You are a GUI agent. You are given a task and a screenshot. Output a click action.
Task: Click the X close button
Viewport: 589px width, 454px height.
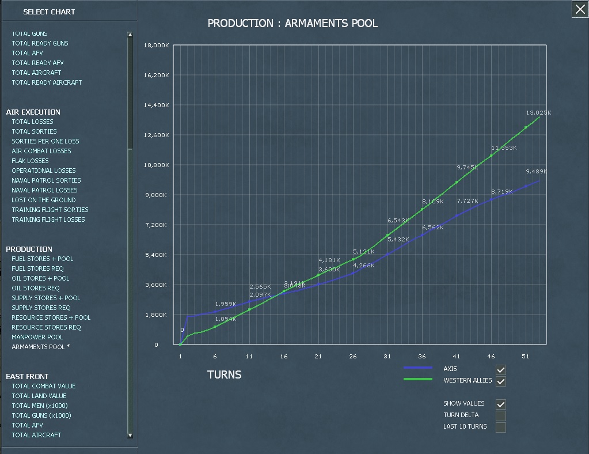pyautogui.click(x=580, y=9)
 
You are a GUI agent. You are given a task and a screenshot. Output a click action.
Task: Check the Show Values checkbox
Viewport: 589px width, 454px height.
pyautogui.click(x=501, y=404)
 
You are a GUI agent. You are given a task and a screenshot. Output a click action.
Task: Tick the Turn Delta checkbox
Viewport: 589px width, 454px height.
pyautogui.click(x=501, y=416)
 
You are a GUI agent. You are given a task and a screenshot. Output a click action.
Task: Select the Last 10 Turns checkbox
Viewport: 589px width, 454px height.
pyautogui.click(x=501, y=427)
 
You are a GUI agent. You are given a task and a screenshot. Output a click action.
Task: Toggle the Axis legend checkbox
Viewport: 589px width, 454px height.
pyautogui.click(x=501, y=369)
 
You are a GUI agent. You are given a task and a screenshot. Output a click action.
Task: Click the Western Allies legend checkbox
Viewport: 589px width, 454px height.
pyautogui.click(x=501, y=381)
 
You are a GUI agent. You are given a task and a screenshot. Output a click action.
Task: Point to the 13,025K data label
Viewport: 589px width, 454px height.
pyautogui.click(x=538, y=113)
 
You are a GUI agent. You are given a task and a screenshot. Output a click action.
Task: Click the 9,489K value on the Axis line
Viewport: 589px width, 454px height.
pyautogui.click(x=536, y=172)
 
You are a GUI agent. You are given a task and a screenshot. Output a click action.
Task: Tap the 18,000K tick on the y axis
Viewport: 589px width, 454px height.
pyautogui.click(x=157, y=46)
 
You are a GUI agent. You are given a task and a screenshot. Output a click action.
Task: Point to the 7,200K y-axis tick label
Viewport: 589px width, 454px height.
pyautogui.click(x=157, y=225)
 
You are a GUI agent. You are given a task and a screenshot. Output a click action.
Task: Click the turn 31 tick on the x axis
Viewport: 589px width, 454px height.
pyautogui.click(x=387, y=357)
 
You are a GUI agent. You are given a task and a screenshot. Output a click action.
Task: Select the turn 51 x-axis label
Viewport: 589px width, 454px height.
pyautogui.click(x=526, y=357)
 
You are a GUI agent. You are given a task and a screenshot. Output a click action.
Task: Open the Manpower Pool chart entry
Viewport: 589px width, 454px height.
pyautogui.click(x=37, y=337)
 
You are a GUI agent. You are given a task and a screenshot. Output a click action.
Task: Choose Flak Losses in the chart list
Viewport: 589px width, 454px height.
pyautogui.click(x=30, y=161)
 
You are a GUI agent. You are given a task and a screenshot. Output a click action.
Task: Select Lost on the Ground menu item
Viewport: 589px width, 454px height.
pyautogui.click(x=44, y=200)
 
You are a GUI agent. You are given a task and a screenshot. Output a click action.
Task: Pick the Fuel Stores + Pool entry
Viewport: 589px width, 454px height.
pyautogui.click(x=43, y=259)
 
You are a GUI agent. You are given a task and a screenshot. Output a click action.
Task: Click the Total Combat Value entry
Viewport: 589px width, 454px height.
pyautogui.click(x=44, y=386)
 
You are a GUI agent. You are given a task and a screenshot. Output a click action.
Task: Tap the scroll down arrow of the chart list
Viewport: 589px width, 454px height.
pyautogui.click(x=130, y=436)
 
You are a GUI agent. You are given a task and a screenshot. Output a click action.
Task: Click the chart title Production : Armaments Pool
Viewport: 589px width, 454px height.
pyautogui.click(x=292, y=24)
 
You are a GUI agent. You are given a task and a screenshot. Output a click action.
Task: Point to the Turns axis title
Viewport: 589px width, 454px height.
pyautogui.click(x=224, y=375)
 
